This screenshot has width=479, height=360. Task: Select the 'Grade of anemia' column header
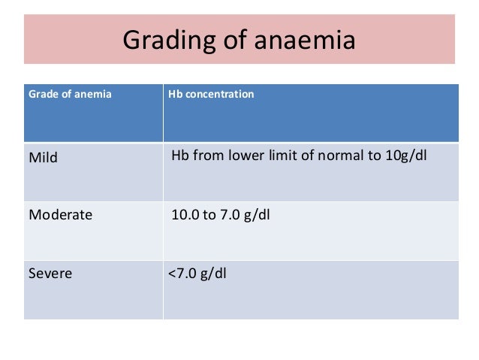[70, 95]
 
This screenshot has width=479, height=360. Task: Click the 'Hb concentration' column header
[212, 95]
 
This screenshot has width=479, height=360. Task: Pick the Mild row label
[43, 158]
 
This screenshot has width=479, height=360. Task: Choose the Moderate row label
[60, 215]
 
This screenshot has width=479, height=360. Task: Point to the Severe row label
[50, 273]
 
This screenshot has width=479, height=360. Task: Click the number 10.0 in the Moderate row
[185, 215]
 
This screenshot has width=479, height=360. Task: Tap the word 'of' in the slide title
[239, 40]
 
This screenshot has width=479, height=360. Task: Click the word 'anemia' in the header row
[95, 95]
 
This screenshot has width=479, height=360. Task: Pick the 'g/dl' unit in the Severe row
[214, 272]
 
